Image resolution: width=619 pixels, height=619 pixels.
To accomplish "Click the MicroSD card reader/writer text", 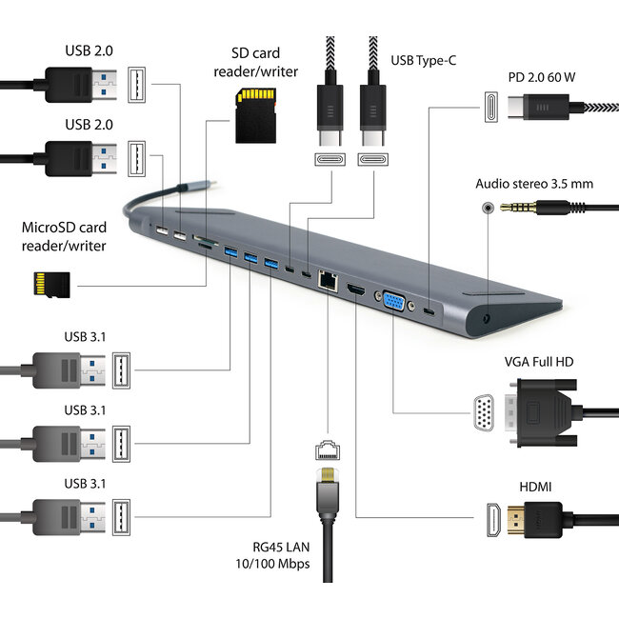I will [64, 237].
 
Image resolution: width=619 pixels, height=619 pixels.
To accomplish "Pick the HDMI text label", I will [534, 487].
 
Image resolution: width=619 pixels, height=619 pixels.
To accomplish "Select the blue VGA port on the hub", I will [392, 301].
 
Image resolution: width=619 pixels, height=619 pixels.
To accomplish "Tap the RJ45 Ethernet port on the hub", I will [328, 280].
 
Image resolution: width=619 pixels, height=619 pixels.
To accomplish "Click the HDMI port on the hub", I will [355, 289].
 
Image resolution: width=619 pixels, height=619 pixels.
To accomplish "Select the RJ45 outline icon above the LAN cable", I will [327, 448].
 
